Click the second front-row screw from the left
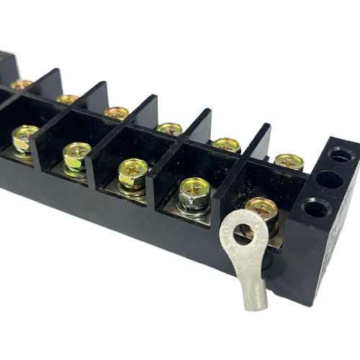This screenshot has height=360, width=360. pos(76,153)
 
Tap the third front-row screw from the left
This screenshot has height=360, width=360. pos(134,171)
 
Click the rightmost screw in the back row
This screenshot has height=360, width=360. pos(288,160)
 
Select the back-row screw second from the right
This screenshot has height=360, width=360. pos(227,145)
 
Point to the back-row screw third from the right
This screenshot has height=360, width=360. pos(170,130)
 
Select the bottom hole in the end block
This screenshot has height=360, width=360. pos(314,210)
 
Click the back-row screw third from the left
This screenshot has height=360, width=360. pos(116,112)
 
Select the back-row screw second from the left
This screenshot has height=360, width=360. pos(67,99)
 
